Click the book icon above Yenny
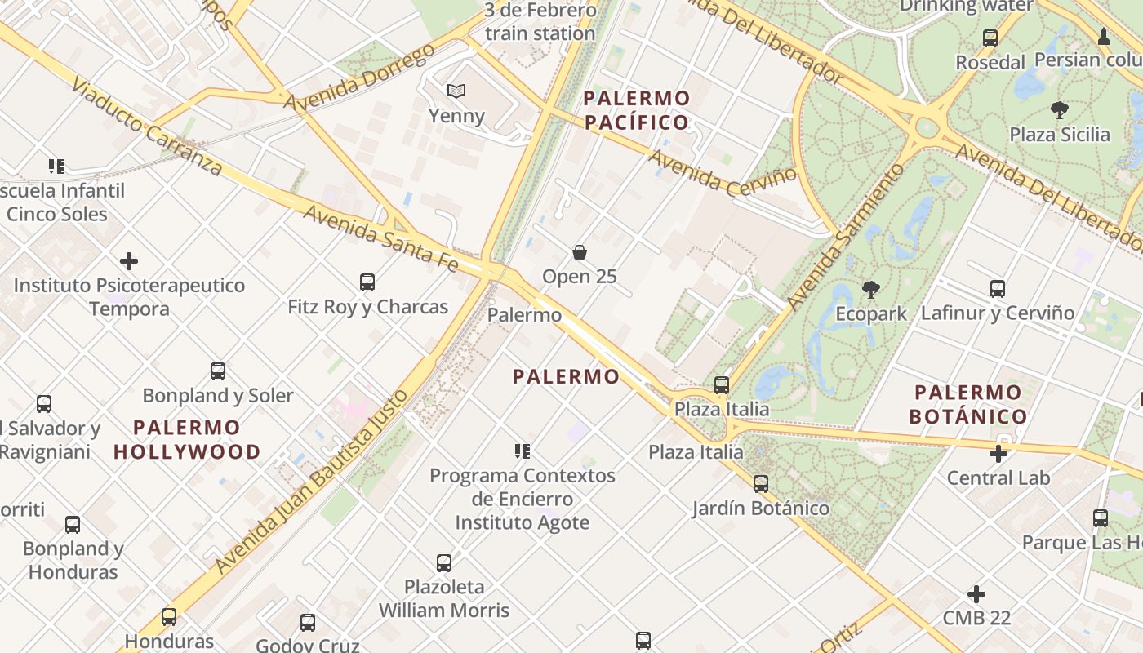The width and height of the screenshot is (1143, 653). pos(456,91)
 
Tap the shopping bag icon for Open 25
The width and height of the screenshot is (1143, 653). pos(580,252)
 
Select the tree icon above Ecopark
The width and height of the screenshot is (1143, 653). pos(871,289)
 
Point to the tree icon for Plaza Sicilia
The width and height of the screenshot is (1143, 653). pos(1060,109)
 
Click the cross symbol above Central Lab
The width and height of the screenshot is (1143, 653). pos(998,453)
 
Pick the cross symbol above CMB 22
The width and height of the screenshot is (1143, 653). pos(976,593)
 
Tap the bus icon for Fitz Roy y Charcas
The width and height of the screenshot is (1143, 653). pos(367,282)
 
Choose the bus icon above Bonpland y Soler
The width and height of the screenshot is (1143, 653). pos(218,371)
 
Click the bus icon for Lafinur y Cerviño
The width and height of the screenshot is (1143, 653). pos(998,288)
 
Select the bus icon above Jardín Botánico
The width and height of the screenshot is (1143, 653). pos(761,484)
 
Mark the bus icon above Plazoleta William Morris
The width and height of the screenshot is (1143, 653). pos(444,562)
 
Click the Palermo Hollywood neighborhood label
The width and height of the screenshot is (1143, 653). pos(187,439)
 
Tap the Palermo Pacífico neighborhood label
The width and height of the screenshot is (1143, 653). pos(637,110)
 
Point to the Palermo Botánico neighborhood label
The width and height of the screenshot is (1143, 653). pos(968,404)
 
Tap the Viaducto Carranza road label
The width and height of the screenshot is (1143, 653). pos(146,127)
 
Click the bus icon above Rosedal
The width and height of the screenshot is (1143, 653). pos(990,38)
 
